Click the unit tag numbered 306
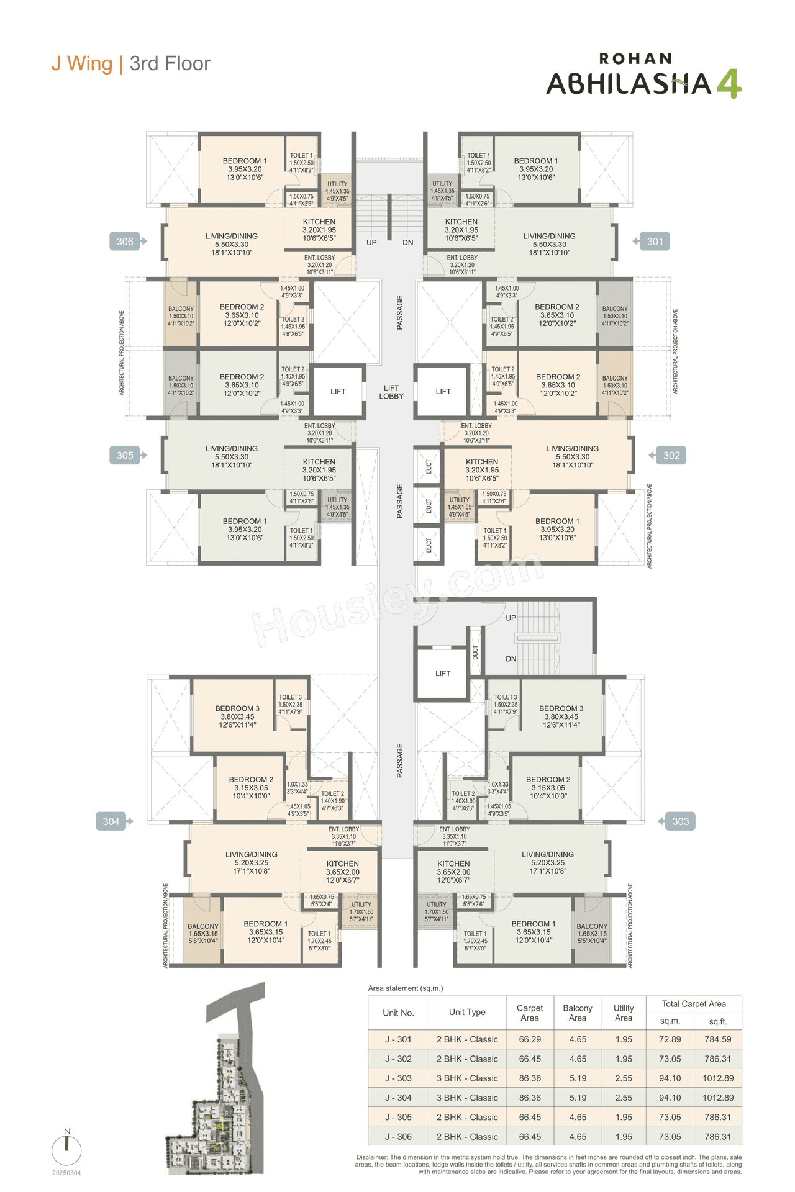coord(125,242)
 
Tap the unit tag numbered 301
coord(655,242)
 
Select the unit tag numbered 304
coord(111,821)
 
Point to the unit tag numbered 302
coord(671,455)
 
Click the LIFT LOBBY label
coord(391,392)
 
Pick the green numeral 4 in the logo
coord(729,84)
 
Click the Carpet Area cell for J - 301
coord(530,1039)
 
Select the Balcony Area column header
coord(578,1013)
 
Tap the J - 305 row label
coord(398,1117)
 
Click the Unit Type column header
coord(467,1012)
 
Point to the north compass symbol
coord(67,1148)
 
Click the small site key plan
coord(217,1080)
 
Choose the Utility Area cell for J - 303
coord(624,1078)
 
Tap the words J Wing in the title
coord(82,63)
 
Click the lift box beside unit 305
coord(338,391)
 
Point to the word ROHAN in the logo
coord(635,59)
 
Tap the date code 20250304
coord(66,1173)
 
